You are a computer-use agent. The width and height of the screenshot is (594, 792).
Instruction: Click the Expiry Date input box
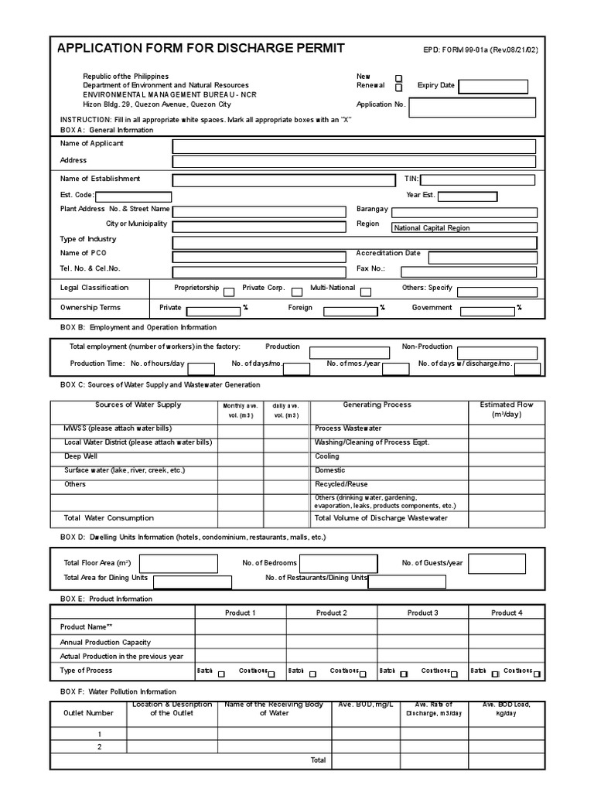493,86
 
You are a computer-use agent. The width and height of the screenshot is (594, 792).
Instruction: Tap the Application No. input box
472,107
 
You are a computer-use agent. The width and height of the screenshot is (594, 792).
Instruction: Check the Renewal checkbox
399,87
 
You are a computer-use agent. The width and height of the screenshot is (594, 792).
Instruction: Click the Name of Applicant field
353,146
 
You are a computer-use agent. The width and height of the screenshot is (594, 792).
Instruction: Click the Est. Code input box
133,196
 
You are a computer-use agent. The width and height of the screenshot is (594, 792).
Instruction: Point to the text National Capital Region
432,228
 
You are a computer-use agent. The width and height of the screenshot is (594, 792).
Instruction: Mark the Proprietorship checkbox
229,292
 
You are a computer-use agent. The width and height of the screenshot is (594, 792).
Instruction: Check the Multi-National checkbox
365,292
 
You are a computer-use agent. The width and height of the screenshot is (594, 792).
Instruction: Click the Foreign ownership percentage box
350,311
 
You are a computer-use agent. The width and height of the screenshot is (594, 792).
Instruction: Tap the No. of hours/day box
201,368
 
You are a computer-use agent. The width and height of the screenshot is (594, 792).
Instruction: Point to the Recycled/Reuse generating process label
340,484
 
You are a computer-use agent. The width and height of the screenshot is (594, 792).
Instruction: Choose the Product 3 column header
423,613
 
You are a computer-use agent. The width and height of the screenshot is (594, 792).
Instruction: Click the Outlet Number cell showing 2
99,747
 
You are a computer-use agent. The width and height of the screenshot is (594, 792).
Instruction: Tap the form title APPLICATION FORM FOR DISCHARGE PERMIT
201,49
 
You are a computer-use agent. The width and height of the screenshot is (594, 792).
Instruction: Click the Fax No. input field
468,271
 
